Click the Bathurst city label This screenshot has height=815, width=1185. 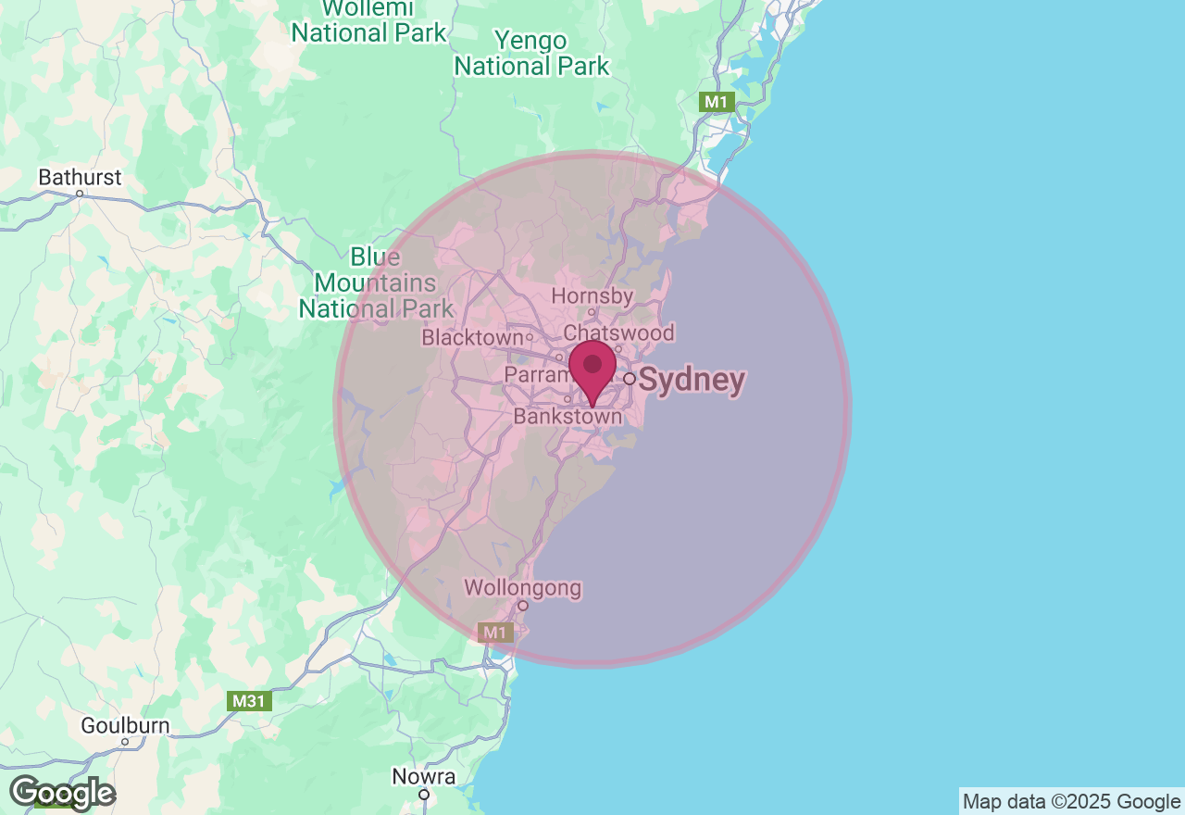[80, 177]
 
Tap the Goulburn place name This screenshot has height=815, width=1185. [125, 725]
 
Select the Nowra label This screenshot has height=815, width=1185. [424, 776]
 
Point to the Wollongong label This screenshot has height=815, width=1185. [522, 587]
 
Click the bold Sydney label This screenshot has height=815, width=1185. [692, 381]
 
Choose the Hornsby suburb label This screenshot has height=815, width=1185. [592, 296]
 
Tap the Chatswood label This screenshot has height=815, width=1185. [618, 332]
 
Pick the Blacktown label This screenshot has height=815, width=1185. [472, 338]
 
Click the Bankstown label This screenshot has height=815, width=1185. [568, 418]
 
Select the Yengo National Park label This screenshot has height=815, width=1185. [531, 54]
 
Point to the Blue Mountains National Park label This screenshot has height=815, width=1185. [376, 282]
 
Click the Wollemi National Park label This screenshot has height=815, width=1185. [368, 22]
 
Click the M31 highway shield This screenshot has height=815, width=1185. [249, 701]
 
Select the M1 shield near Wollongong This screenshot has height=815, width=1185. [496, 633]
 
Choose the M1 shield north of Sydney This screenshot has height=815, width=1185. [717, 102]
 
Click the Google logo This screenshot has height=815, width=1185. [62, 794]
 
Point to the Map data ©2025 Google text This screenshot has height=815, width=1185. [1071, 802]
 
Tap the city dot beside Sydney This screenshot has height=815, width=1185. [630, 379]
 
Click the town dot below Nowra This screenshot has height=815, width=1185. [424, 795]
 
